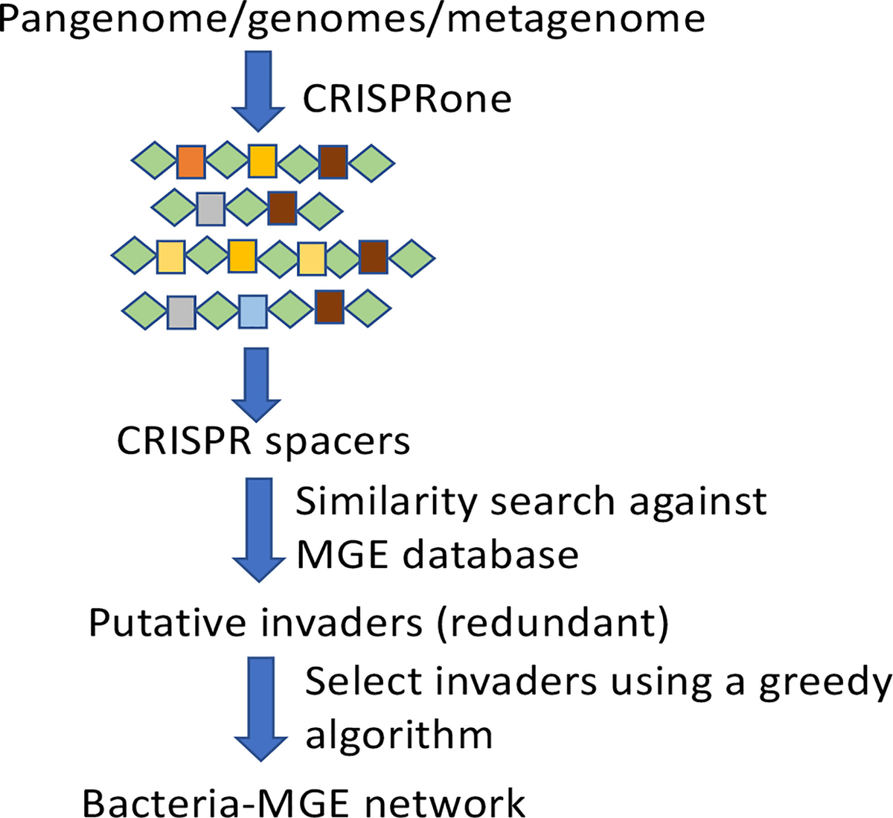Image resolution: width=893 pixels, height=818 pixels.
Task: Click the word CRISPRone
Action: (x=407, y=98)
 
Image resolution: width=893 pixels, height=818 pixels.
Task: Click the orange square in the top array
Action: (x=191, y=161)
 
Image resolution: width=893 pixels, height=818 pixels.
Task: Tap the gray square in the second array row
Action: (x=211, y=208)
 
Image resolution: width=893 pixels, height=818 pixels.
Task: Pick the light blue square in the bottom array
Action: (x=252, y=312)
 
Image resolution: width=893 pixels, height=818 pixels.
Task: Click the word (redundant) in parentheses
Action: (x=552, y=622)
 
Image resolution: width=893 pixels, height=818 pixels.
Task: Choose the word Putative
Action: (x=170, y=622)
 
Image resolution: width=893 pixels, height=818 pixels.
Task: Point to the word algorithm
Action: (x=399, y=735)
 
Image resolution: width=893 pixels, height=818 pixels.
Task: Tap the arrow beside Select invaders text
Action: (x=260, y=707)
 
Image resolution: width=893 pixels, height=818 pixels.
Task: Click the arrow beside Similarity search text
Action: (x=259, y=528)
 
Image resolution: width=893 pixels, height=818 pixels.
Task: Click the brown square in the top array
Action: (x=333, y=161)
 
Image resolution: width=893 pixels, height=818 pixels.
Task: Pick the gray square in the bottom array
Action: (x=181, y=312)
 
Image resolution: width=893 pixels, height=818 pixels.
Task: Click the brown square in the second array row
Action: (x=282, y=208)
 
